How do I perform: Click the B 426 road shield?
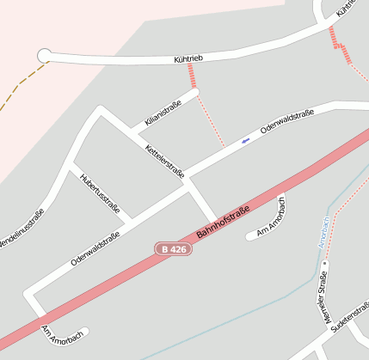[173, 248]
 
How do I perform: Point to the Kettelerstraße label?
[165, 162]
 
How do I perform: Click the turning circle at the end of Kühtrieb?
[44, 56]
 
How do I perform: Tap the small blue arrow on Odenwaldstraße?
[246, 139]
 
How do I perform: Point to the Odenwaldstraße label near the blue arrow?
[286, 125]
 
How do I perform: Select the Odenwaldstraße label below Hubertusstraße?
[95, 247]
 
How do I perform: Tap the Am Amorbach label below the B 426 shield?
[62, 336]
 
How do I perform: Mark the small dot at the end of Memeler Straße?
[326, 264]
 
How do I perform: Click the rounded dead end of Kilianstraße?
[195, 92]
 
